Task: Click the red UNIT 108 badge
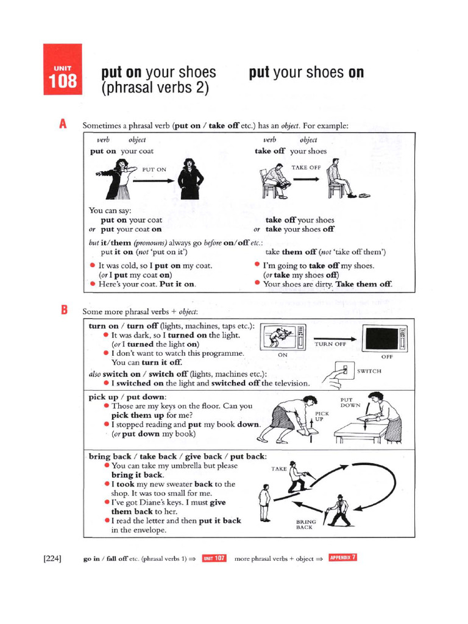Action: click(63, 69)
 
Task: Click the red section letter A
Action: click(63, 124)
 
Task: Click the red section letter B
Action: click(63, 310)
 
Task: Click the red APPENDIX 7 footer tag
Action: click(342, 558)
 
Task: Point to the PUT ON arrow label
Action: click(154, 169)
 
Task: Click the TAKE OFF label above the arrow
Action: click(306, 167)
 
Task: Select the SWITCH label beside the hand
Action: click(369, 370)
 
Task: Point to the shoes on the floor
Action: click(364, 196)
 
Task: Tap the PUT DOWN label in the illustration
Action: click(350, 402)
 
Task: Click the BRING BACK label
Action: click(304, 524)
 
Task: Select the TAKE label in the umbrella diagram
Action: click(278, 469)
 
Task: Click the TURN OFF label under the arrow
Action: click(330, 344)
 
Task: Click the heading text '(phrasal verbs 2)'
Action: click(155, 88)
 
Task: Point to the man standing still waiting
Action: click(264, 503)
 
